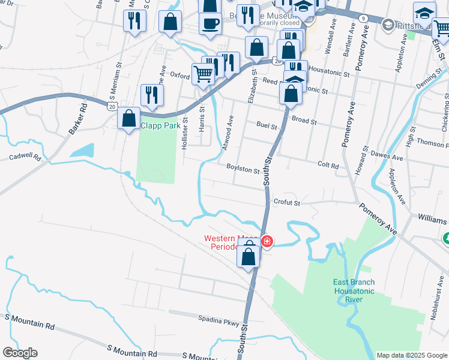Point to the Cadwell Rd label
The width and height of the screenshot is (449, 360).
point(25,158)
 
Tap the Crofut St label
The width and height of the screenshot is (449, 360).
point(286,203)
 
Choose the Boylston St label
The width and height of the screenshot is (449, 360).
point(243,170)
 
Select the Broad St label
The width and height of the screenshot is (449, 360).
point(304,120)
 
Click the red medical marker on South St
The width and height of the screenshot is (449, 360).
point(267,242)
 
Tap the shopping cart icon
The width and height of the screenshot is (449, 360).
point(203,75)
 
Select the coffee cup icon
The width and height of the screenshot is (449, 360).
point(210,24)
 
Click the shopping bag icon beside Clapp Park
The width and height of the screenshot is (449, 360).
point(128,118)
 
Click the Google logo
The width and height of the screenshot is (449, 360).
point(20,353)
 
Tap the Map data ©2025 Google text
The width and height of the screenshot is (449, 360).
point(411,355)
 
